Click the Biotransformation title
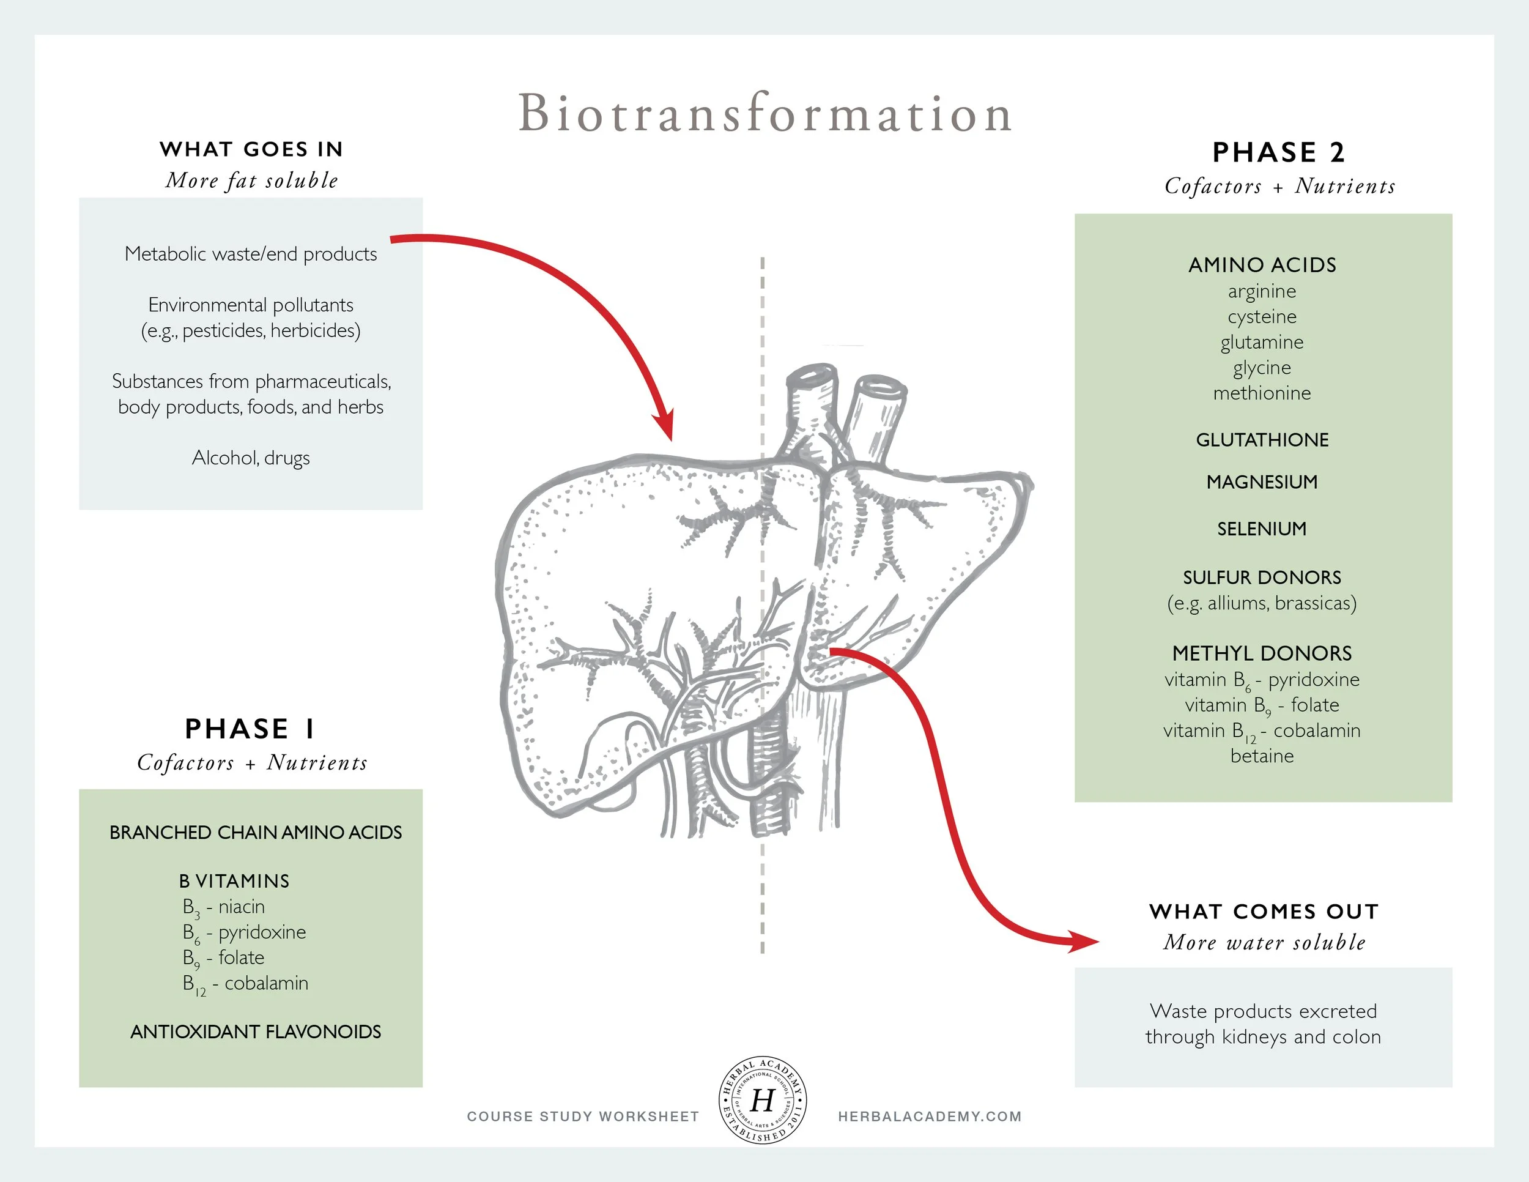pos(764,113)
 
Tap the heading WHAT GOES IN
pos(251,149)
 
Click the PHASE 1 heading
pos(251,729)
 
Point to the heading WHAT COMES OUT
pos(1264,911)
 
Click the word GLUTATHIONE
pos(1262,440)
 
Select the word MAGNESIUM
pos(1262,481)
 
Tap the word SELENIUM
pos(1262,529)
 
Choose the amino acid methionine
pos(1262,393)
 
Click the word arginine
pos(1262,291)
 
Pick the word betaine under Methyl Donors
pos(1262,756)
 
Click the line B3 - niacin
pos(224,907)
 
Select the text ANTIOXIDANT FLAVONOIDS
pos(256,1031)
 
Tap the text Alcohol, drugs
pos(251,458)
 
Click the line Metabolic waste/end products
pos(251,253)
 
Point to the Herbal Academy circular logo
pos(763,1100)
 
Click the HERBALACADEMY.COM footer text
pos(929,1116)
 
